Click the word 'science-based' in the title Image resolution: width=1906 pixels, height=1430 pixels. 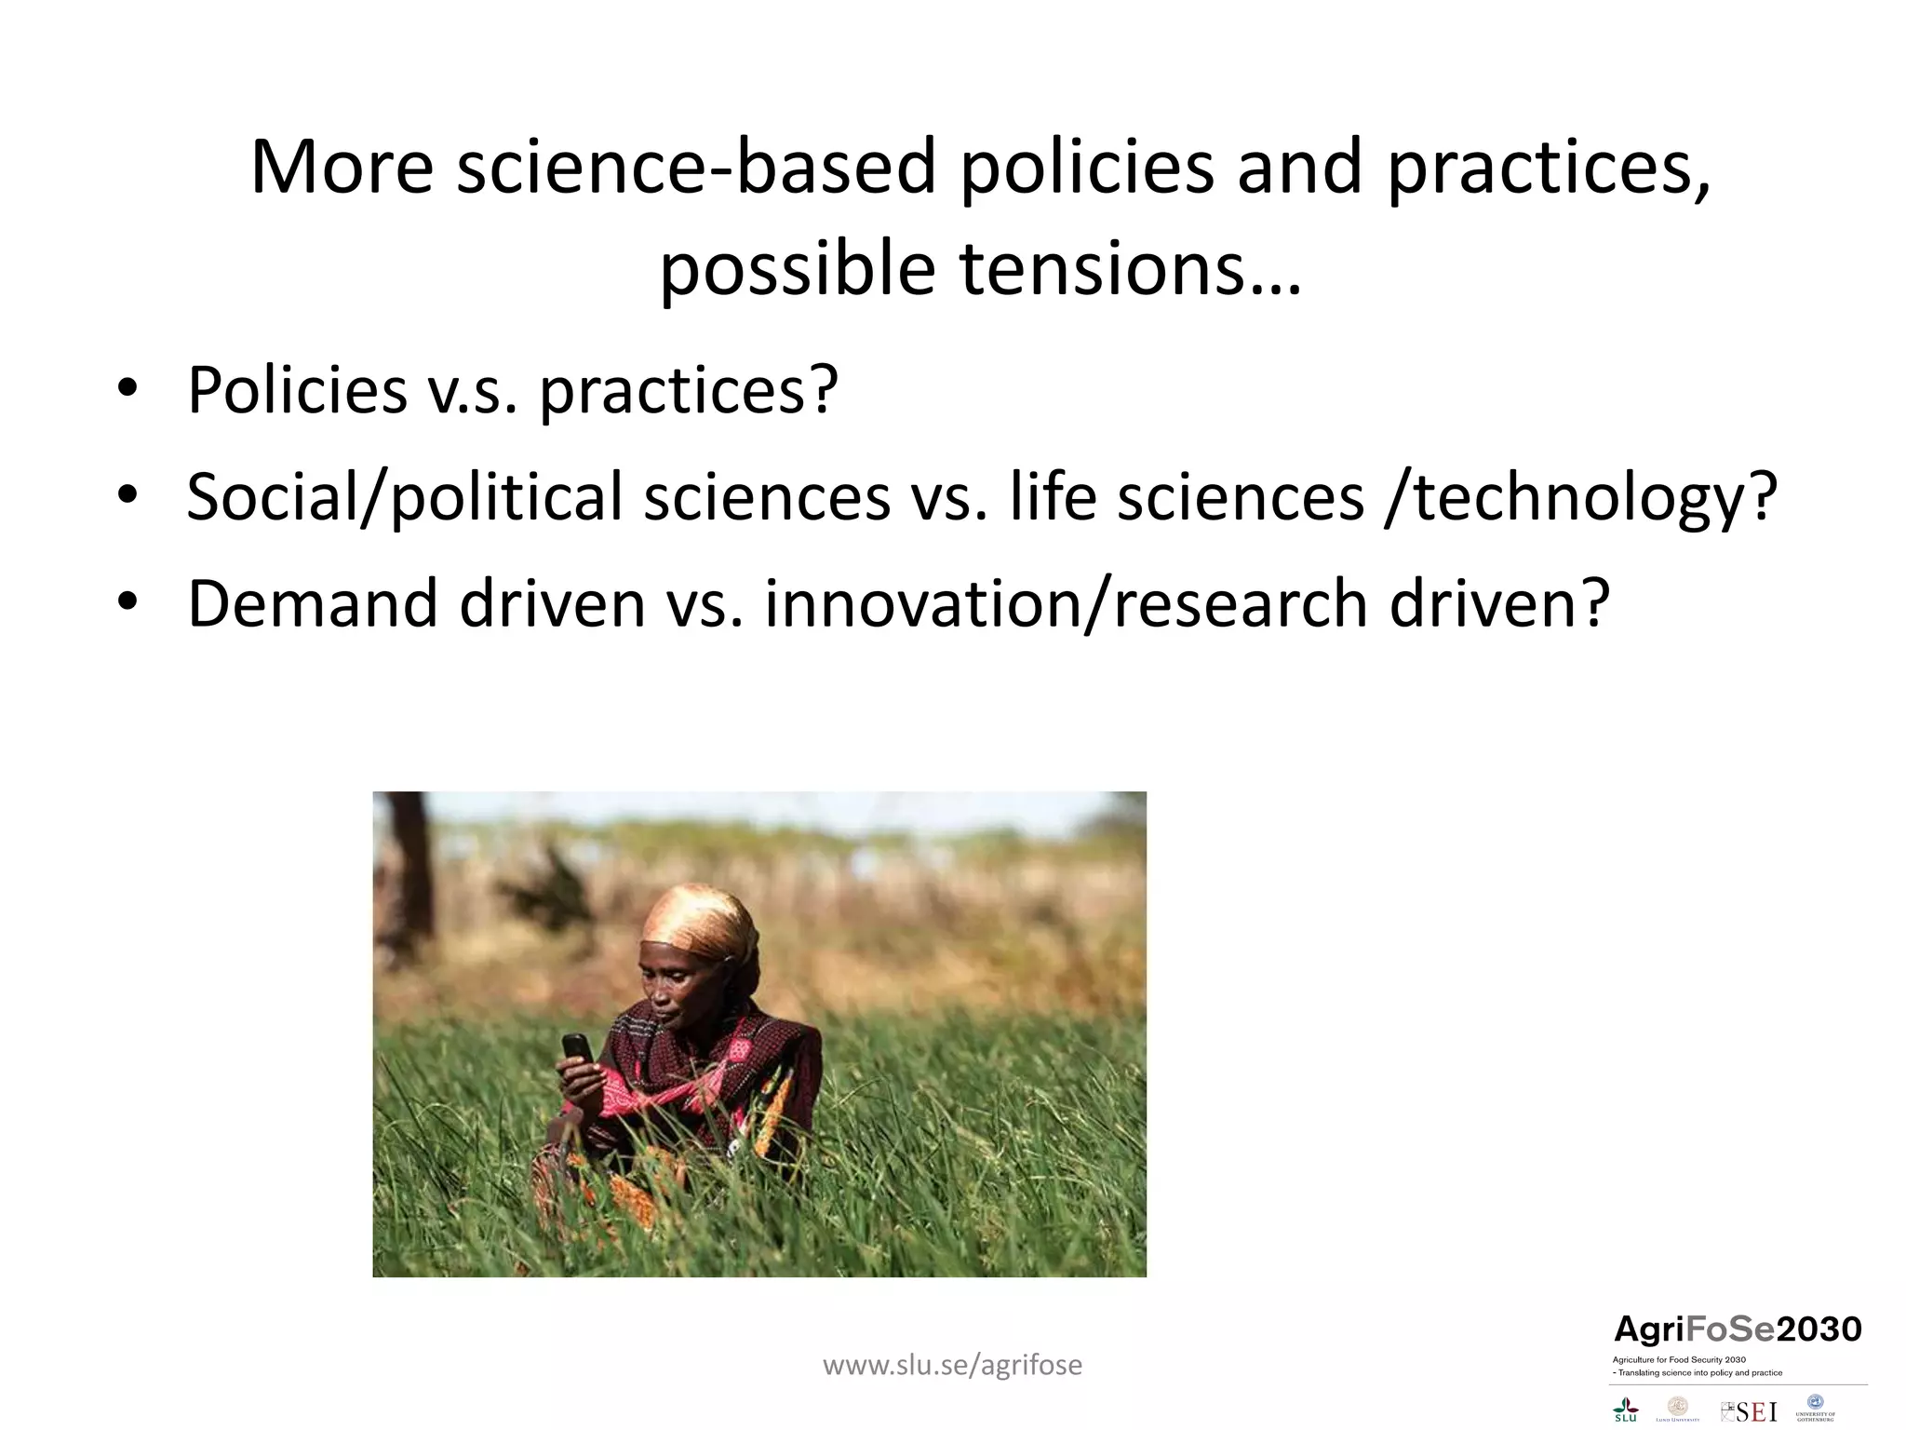[x=695, y=168]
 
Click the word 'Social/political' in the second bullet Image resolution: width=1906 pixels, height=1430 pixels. [x=402, y=496]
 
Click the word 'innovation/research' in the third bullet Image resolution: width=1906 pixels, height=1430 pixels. [x=1066, y=603]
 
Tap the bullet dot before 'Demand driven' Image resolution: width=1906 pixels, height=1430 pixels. [x=128, y=601]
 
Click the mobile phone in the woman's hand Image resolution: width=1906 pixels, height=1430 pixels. [x=577, y=1050]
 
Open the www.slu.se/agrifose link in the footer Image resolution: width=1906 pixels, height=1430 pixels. [x=952, y=1365]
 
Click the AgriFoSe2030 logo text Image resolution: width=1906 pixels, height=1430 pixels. [x=1737, y=1329]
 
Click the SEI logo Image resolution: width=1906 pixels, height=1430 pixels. [x=1749, y=1411]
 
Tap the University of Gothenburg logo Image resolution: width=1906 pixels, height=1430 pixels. [x=1815, y=1407]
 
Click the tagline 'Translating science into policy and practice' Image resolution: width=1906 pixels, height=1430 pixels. [x=1698, y=1373]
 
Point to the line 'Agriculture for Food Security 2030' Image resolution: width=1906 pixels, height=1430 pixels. [x=1679, y=1360]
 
